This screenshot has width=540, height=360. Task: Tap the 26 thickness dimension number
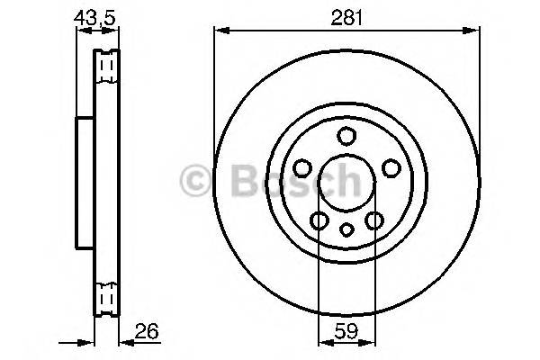[x=147, y=332]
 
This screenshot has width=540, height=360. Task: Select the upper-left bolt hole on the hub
[x=302, y=168]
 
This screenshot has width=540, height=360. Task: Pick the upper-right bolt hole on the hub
[x=390, y=168]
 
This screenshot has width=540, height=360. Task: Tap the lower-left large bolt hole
[x=319, y=220]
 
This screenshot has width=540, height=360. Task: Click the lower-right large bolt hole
[x=373, y=220]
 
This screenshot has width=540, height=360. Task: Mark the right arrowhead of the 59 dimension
[x=368, y=343]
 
